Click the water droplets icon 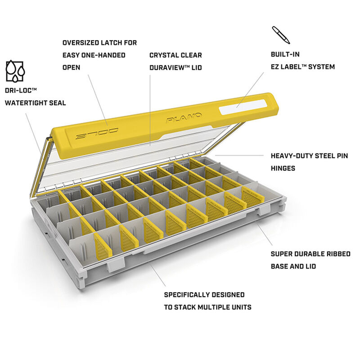tap(15, 71)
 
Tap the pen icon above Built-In tap(281, 35)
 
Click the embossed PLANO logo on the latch tap(184, 117)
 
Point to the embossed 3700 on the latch tap(97, 134)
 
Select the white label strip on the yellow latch tap(243, 107)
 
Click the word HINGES tap(283, 168)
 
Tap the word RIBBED tap(338, 254)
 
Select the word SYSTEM tap(322, 67)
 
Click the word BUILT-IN tap(285, 54)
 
